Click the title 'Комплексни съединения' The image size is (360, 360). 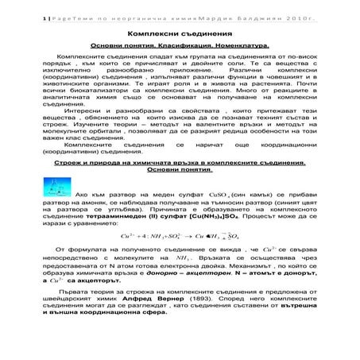[x=179, y=35]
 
